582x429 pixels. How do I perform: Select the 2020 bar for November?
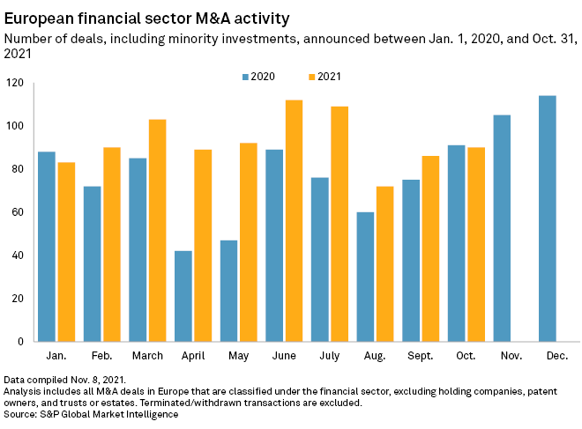tap(502, 228)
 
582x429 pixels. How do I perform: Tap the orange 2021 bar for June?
tap(295, 220)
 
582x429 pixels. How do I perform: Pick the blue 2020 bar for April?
tap(183, 296)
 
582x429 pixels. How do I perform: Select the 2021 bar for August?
tap(385, 263)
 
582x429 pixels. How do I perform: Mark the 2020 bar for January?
tap(47, 247)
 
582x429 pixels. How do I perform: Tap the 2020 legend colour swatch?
tap(245, 77)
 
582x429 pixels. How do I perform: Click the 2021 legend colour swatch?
tap(312, 77)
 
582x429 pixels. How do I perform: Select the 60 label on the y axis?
tap(18, 212)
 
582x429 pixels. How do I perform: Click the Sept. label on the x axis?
tap(420, 356)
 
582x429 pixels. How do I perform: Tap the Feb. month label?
tap(101, 356)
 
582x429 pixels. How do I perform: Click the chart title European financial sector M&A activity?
tap(146, 18)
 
